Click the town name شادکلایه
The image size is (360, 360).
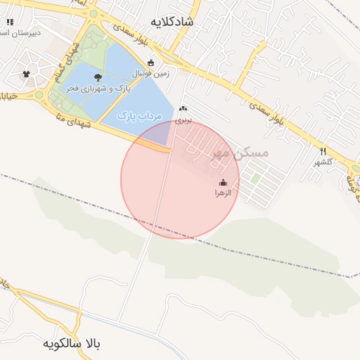[x=186, y=22]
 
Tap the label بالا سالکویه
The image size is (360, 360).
[x=72, y=344]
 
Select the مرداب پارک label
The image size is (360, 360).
[x=139, y=115]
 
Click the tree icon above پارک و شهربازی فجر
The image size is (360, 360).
[x=97, y=78]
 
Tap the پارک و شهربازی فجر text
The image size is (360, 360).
[x=95, y=89]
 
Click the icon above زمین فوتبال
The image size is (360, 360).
[x=150, y=62]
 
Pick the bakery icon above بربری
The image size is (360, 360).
[x=184, y=108]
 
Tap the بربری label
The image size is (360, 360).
[x=184, y=120]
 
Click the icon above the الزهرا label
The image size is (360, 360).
[x=224, y=183]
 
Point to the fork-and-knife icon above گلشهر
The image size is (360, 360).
[x=323, y=151]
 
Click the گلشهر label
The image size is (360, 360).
[x=324, y=162]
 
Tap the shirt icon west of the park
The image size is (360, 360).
[x=27, y=73]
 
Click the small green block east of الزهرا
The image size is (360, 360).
[x=255, y=179]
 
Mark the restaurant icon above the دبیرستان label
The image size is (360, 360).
[x=10, y=22]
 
